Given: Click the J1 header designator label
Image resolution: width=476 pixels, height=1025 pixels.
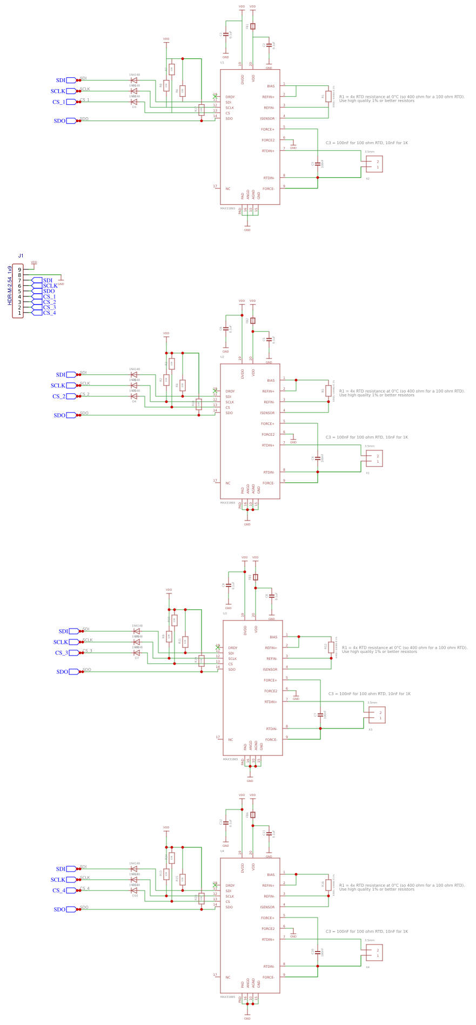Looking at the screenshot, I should click(21, 255).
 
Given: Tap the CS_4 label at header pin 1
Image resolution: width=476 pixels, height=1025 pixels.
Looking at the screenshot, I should click(49, 313).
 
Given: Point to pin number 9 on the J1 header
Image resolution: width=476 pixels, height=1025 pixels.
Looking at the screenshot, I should click(19, 269).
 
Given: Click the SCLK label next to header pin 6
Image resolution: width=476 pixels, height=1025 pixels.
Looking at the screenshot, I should click(50, 286).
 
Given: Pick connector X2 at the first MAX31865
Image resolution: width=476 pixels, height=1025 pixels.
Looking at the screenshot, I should click(374, 164).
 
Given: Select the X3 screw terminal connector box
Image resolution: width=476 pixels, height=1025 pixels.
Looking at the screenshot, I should click(377, 715).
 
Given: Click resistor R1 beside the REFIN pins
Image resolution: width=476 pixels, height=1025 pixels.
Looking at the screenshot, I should click(328, 97).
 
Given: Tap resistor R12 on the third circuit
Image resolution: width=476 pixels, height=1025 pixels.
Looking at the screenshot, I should click(331, 647).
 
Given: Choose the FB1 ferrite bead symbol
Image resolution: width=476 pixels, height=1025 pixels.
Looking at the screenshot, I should click(253, 26).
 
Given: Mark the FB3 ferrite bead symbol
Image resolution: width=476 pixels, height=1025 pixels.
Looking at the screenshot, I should click(256, 577).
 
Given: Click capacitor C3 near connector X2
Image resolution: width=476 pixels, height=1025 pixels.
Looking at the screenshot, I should click(318, 163).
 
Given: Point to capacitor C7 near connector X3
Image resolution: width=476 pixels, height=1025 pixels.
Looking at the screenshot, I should click(320, 714).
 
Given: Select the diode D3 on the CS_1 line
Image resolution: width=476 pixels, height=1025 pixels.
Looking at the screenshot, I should click(134, 102).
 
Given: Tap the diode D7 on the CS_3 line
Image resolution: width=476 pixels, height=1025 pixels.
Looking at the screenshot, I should click(137, 652).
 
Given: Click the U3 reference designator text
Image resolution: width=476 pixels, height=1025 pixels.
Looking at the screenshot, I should click(225, 613).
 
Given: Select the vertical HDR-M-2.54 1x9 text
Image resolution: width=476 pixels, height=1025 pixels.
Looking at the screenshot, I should click(10, 285).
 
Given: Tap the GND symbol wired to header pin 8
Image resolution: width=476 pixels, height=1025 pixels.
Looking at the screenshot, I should click(61, 281).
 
